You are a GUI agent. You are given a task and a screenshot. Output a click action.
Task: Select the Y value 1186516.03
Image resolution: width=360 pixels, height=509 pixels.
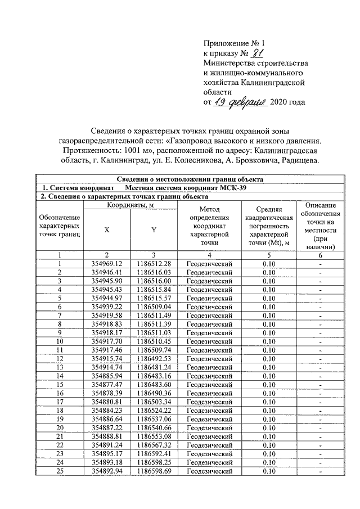154,272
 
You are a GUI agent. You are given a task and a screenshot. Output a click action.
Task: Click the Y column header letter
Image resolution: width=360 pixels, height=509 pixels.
154,229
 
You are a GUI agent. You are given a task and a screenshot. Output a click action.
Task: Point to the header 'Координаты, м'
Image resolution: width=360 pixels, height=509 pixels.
130,206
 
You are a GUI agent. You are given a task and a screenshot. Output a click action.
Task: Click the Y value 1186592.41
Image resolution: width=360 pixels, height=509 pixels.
154,453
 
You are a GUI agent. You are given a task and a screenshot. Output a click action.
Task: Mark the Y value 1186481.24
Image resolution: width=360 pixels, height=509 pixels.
154,367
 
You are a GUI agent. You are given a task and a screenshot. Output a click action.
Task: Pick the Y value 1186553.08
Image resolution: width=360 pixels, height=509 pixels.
154,436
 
